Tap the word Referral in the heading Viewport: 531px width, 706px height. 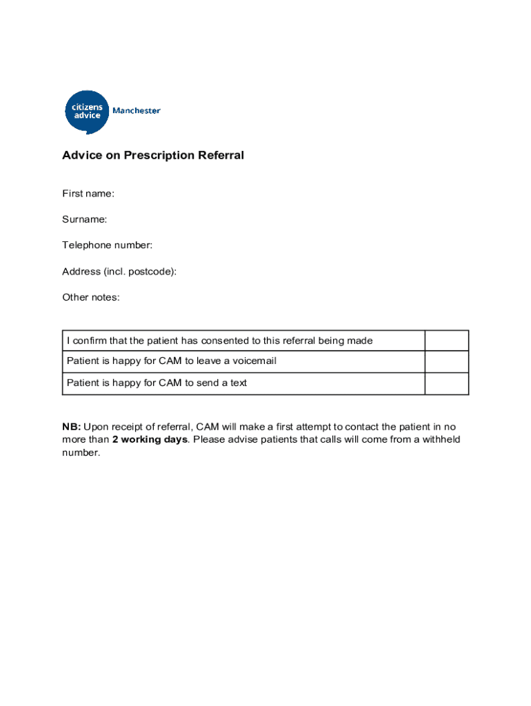tap(221, 155)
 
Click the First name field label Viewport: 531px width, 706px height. tap(88, 194)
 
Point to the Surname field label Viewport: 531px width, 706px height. tap(85, 219)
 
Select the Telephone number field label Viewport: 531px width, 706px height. tap(107, 245)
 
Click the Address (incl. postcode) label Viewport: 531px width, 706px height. tap(119, 271)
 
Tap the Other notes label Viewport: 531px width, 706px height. tap(91, 297)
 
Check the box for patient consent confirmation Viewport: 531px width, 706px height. tap(446, 341)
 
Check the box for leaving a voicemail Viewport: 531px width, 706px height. tap(446, 361)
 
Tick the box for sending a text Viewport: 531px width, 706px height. tap(446, 383)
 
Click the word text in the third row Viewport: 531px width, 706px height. tap(237, 383)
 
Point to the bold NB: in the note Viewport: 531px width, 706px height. tap(72, 427)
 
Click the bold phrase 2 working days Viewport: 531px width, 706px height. tap(150, 440)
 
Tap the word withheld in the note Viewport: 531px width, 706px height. tap(440, 440)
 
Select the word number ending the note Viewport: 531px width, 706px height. tap(81, 453)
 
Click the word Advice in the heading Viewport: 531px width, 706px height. tap(81, 155)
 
